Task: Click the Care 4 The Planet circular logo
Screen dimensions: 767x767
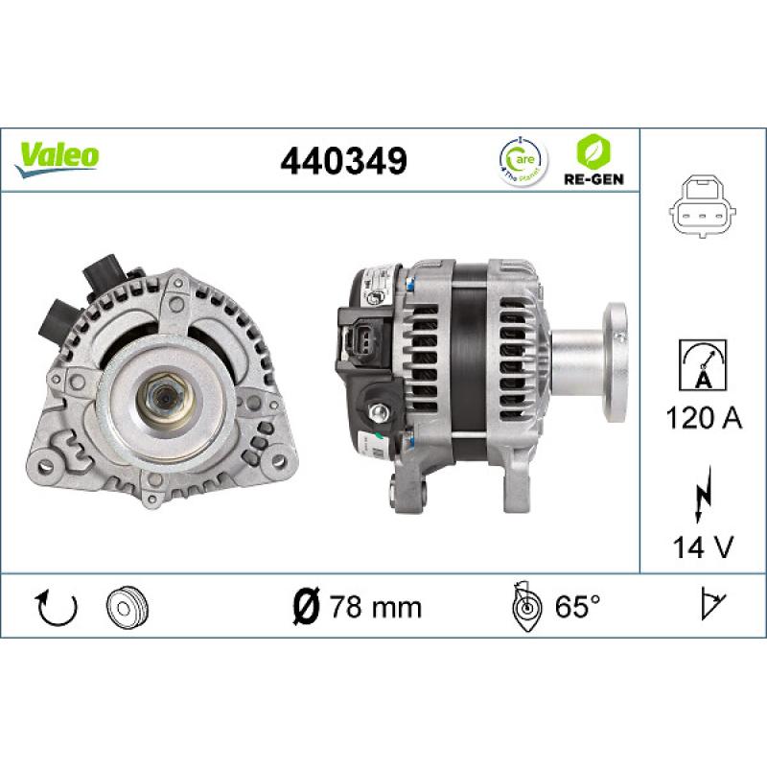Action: pos(522,159)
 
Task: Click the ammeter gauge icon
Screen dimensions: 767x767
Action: pos(703,364)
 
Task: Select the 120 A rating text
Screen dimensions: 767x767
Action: pos(703,419)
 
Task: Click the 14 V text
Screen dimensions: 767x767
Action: pos(703,547)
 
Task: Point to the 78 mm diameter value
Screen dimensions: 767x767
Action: pos(375,606)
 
